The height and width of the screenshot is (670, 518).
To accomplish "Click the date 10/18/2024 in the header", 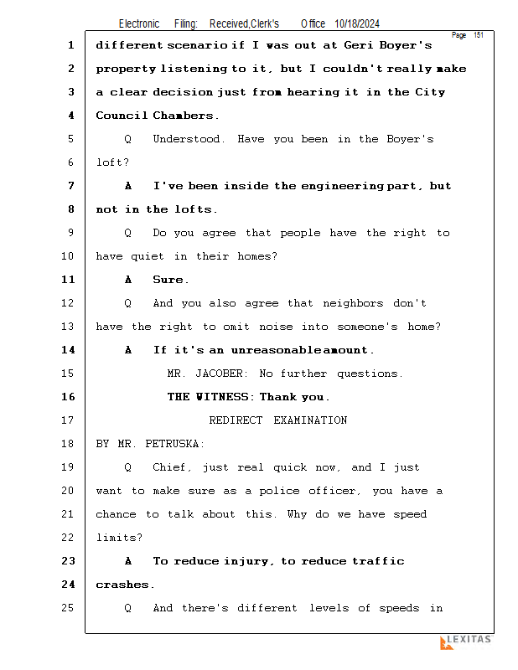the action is tap(357, 24).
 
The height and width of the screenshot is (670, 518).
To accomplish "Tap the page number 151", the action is tap(479, 35).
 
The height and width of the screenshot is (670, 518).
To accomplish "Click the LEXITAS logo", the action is tap(466, 642).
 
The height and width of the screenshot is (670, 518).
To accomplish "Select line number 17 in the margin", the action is tap(68, 420).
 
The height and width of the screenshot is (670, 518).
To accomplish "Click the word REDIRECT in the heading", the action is tap(236, 420).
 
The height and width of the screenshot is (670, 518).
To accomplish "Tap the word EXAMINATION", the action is tap(310, 420).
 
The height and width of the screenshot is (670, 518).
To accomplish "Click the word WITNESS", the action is tap(222, 397).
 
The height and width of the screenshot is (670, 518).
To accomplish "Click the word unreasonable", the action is tap(276, 350).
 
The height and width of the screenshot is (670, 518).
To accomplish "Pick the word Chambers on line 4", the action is tap(185, 116).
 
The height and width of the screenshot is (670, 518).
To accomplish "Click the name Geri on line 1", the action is tap(358, 45).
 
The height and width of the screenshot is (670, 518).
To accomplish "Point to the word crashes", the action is tap(125, 585).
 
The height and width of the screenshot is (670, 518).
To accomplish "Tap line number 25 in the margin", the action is tap(68, 608).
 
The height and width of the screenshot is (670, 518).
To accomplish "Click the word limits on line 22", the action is tap(119, 538).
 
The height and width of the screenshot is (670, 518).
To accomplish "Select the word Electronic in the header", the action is tap(139, 24).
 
